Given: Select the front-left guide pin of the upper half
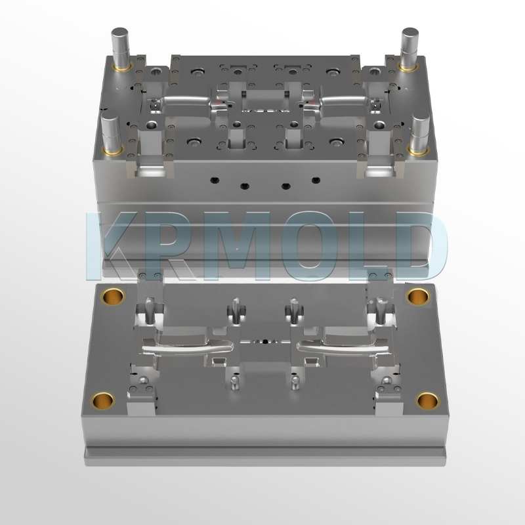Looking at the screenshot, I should click(x=109, y=131).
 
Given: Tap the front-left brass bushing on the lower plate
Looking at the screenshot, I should click(x=100, y=399).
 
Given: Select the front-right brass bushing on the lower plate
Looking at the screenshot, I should click(x=429, y=399).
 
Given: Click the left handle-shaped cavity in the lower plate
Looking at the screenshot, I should click(x=187, y=346).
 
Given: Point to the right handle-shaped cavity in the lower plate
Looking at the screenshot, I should click(x=341, y=346).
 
